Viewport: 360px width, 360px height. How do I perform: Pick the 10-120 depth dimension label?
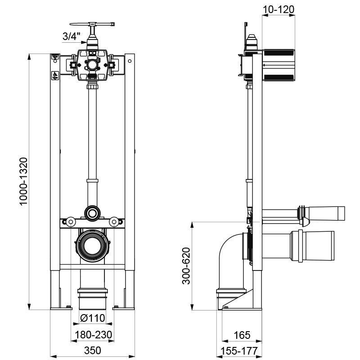pyautogui.click(x=279, y=9)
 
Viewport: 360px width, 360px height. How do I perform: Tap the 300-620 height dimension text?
pyautogui.click(x=186, y=265)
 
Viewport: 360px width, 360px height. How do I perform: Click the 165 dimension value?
pyautogui.click(x=242, y=335)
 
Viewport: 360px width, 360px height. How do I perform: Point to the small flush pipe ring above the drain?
pyautogui.click(x=92, y=213)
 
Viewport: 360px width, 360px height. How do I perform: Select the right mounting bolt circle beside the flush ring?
pyautogui.click(x=115, y=221)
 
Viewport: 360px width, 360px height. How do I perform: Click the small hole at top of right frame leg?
pyautogui.click(x=129, y=60)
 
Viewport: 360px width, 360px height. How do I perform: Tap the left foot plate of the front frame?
pyautogui.click(x=59, y=308)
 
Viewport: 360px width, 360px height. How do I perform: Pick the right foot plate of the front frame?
pyautogui.click(x=125, y=308)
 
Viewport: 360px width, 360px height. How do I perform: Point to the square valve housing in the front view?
pyautogui.click(x=92, y=64)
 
